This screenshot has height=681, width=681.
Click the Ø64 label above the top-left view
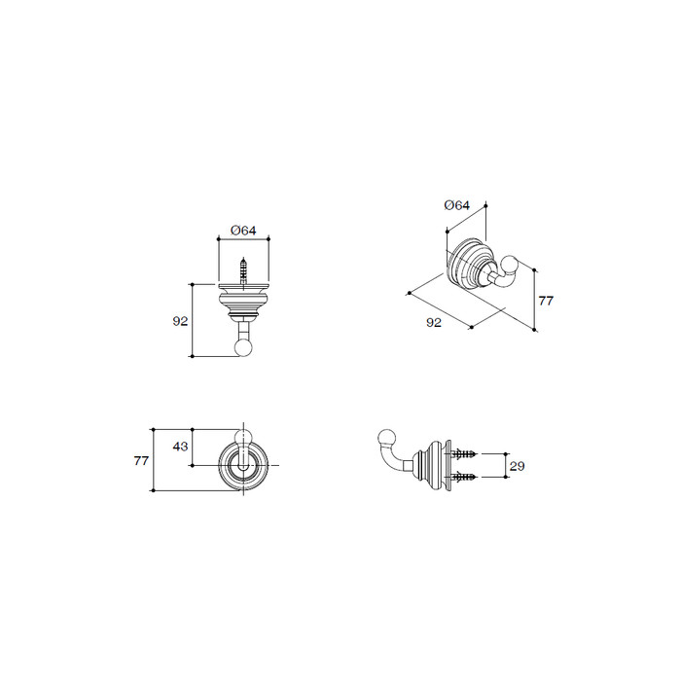[x=243, y=231]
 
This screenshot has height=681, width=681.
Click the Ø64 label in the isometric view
[x=457, y=205]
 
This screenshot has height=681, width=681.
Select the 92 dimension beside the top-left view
[x=180, y=321]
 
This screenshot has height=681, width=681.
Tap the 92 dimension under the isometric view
[x=434, y=322]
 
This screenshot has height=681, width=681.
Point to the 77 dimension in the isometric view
[x=546, y=301]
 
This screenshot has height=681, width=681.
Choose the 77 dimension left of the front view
[x=142, y=460]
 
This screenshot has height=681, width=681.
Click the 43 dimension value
[x=180, y=446]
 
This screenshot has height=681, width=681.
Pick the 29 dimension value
[x=517, y=466]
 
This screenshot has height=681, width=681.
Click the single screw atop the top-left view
[x=243, y=271]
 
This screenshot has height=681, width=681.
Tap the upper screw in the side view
[x=464, y=454]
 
